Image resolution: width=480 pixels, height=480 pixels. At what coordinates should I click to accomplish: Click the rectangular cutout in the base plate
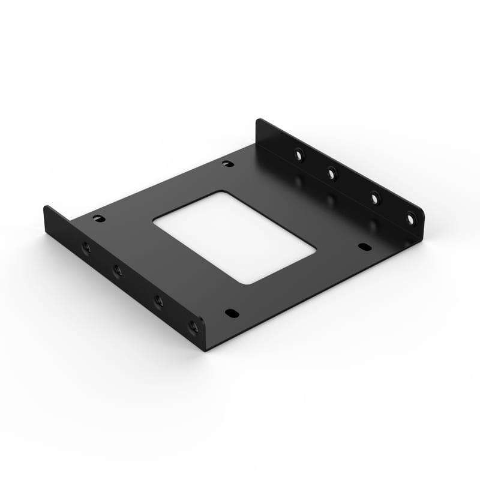(234, 237)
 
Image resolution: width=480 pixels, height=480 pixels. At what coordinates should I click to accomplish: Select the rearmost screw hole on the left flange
(85, 247)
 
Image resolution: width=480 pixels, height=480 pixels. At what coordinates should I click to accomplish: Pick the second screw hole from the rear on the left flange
(118, 271)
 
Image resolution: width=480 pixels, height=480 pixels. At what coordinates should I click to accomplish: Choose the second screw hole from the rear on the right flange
(331, 173)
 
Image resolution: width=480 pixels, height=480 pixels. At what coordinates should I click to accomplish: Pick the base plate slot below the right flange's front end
(363, 246)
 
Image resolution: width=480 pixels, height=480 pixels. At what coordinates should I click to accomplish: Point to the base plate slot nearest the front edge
(230, 313)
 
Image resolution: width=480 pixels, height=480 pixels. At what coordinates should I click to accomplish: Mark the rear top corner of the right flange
(259, 121)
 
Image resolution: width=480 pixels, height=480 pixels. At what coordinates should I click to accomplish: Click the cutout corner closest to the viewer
(252, 283)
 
